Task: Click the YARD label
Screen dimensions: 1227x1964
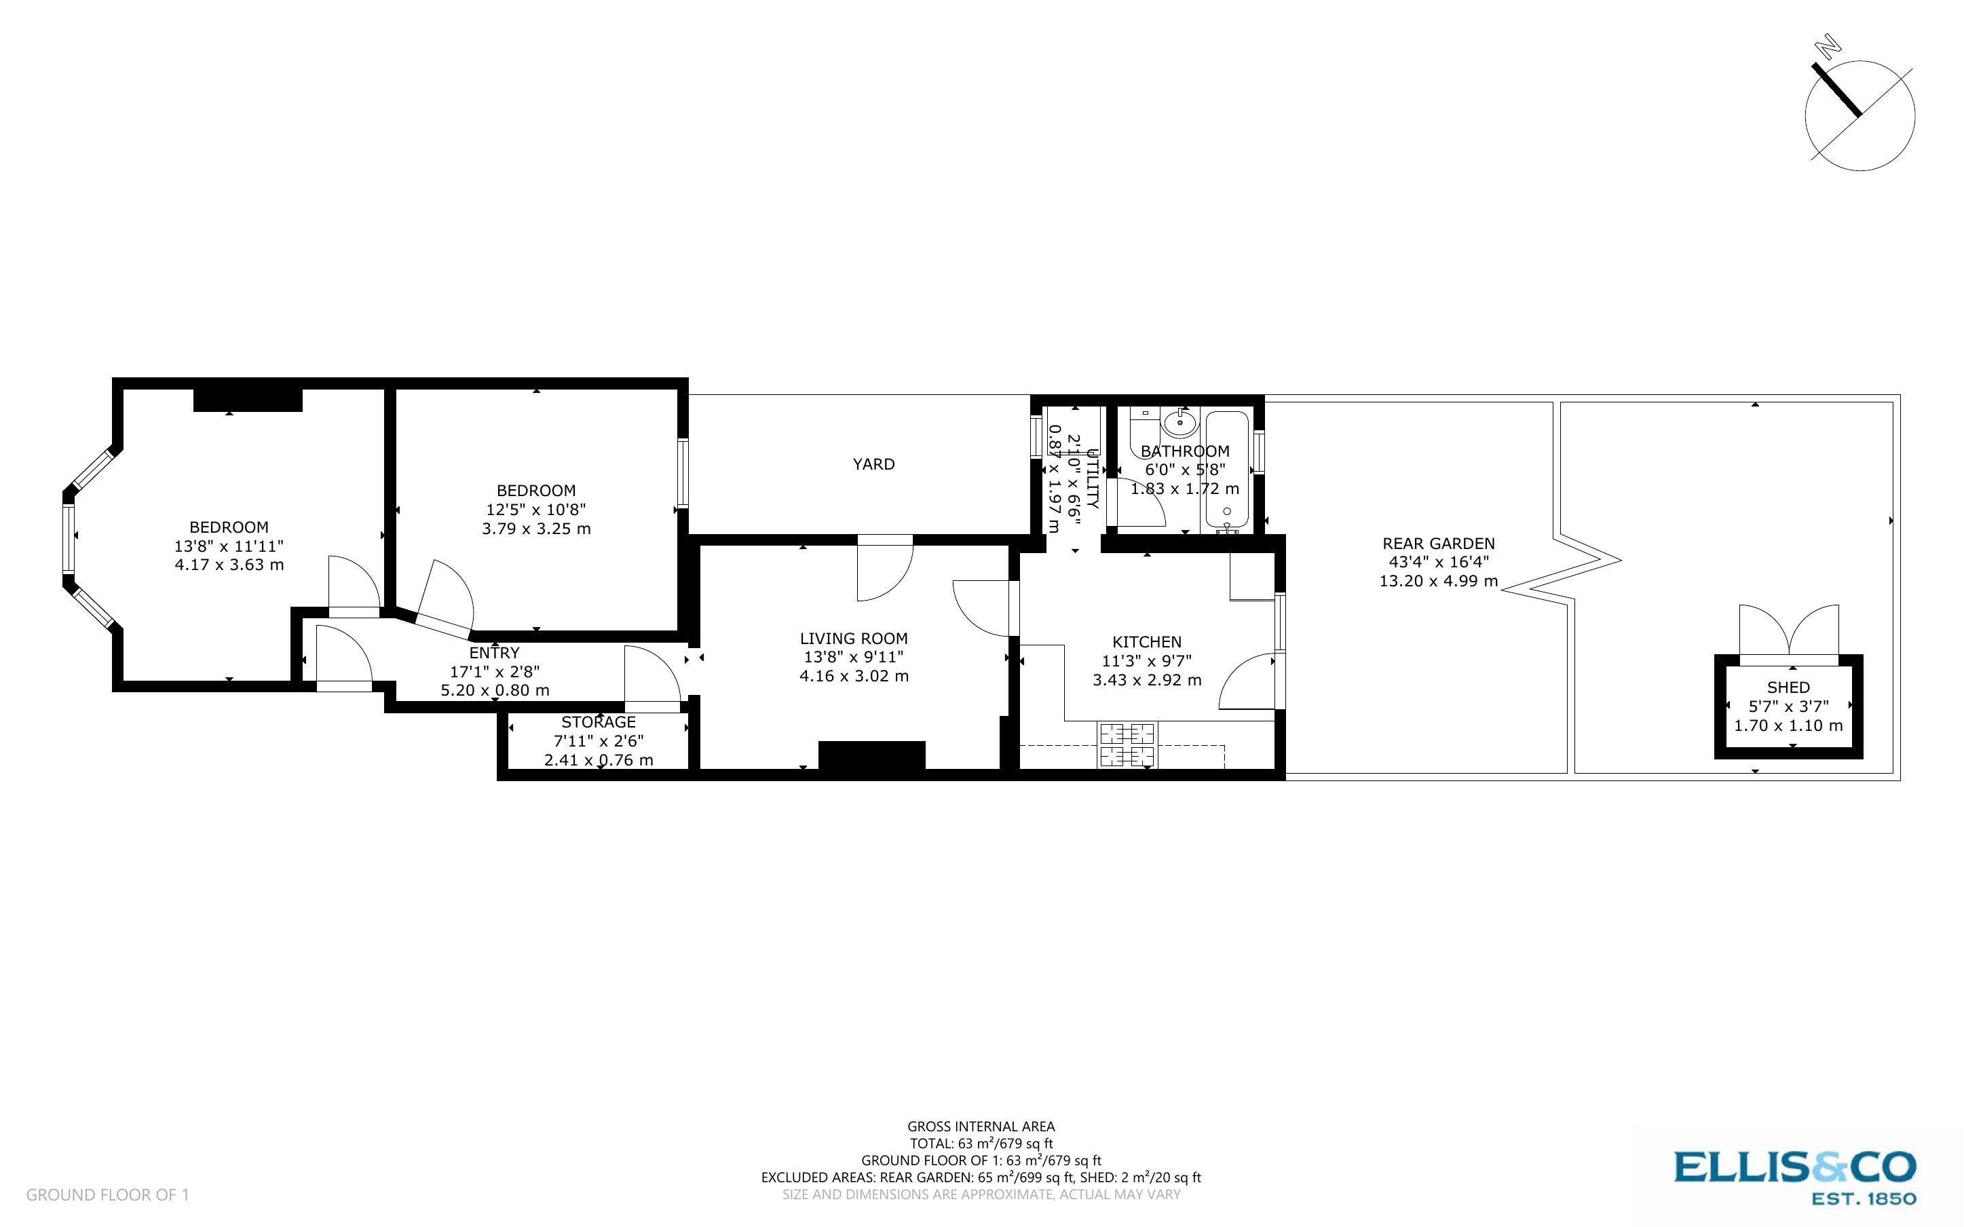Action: tap(873, 464)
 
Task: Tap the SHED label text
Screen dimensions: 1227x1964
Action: tap(1788, 687)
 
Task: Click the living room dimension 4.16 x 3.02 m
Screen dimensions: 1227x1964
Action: tap(854, 676)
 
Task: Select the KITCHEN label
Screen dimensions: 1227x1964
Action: tap(1146, 642)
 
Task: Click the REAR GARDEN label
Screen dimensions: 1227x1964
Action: tap(1438, 544)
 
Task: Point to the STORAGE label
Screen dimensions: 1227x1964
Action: tap(598, 722)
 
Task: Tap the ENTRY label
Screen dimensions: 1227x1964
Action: tap(494, 652)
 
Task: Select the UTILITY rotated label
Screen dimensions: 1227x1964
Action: tap(1092, 479)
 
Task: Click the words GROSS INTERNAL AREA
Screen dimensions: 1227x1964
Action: tap(981, 1127)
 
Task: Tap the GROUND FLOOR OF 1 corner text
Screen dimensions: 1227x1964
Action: tap(107, 1194)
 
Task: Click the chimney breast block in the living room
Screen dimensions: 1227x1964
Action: tap(871, 755)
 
